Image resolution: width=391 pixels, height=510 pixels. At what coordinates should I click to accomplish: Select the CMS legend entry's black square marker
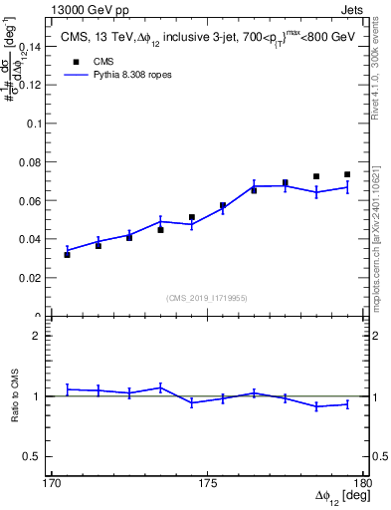click(x=75, y=60)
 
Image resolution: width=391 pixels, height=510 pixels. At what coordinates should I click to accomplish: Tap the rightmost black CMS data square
click(x=347, y=174)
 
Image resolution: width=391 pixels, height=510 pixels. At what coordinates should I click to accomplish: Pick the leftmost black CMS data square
click(x=67, y=255)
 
